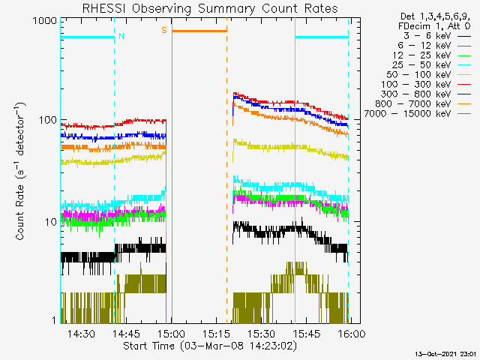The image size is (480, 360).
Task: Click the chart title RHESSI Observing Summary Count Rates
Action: [x=210, y=8]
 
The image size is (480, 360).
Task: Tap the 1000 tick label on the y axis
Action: [x=45, y=21]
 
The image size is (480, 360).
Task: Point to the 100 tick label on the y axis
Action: [x=48, y=120]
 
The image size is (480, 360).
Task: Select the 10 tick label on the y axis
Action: [x=51, y=222]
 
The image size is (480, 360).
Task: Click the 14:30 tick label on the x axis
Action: [x=81, y=333]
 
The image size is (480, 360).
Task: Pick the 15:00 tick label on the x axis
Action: [x=172, y=333]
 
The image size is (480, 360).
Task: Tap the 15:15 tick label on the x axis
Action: [x=217, y=333]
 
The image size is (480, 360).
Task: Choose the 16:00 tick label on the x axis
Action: [x=351, y=333]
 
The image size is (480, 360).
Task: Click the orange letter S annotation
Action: [x=164, y=30]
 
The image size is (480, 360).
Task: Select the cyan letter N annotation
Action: [x=121, y=36]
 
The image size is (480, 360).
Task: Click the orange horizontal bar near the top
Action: [x=199, y=31]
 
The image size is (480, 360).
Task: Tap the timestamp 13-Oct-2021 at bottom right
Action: [x=445, y=354]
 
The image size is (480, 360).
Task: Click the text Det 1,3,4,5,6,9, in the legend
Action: [x=435, y=16]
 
